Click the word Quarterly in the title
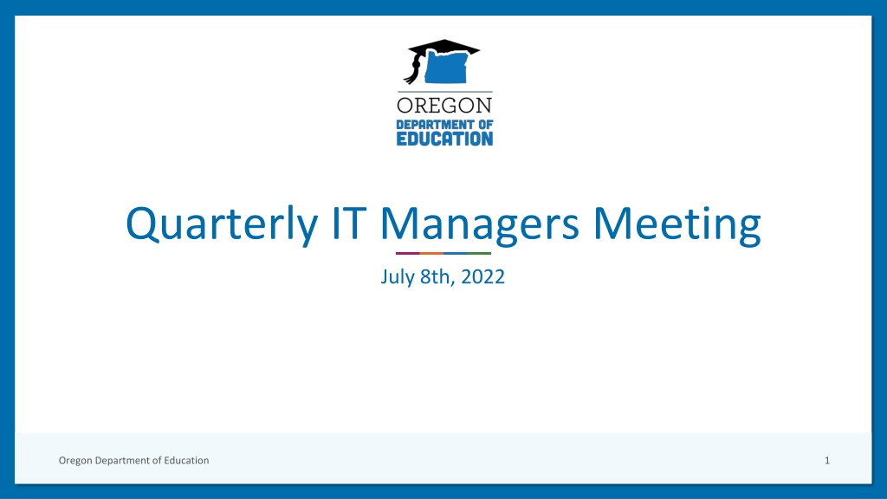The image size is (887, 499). coord(221,224)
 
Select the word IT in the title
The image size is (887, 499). coord(349,223)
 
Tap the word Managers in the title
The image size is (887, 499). coord(480,225)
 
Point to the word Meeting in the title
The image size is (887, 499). coord(677,225)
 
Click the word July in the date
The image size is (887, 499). coord(398,277)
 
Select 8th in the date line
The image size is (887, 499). coord(437,276)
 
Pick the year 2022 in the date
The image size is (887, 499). coord(483,276)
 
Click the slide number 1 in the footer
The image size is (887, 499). coord(827,461)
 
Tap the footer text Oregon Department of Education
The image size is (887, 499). coord(134,461)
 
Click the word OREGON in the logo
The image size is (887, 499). coord(444,105)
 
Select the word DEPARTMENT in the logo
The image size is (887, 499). coord(433,125)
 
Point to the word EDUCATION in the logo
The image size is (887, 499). coord(444,139)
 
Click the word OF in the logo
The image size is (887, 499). coord(483,125)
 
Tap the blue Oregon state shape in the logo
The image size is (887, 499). coord(446,67)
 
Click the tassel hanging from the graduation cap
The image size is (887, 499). coord(413,69)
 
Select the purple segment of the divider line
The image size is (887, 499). coord(408,254)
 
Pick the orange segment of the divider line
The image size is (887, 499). coord(431,254)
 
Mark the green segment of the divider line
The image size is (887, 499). coord(479,254)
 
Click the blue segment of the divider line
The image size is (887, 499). coord(456,254)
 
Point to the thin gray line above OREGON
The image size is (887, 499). coord(444,92)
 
